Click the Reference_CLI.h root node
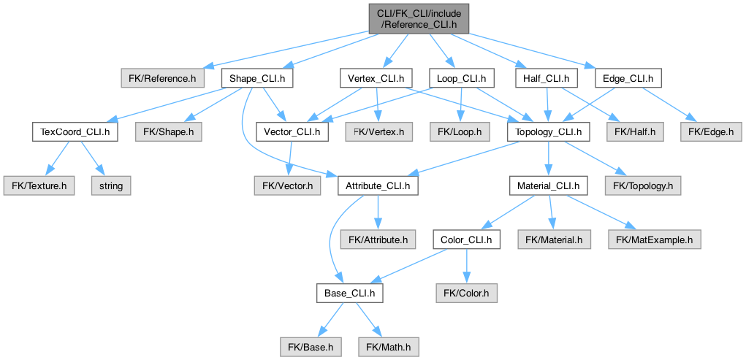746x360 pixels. (x=419, y=19)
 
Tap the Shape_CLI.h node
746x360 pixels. (x=257, y=78)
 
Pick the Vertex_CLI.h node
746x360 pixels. (x=376, y=78)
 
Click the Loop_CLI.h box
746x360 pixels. (x=462, y=78)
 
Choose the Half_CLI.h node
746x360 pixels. (x=547, y=78)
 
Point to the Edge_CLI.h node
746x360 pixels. (x=628, y=78)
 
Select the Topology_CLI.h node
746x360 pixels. (x=549, y=131)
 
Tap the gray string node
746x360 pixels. (x=111, y=185)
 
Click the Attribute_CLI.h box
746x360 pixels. (x=378, y=185)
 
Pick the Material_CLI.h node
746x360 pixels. (x=549, y=185)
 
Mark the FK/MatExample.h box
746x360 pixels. (x=654, y=240)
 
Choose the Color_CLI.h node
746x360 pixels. (x=466, y=240)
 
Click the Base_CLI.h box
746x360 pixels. (x=350, y=294)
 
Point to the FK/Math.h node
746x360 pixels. (x=389, y=348)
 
